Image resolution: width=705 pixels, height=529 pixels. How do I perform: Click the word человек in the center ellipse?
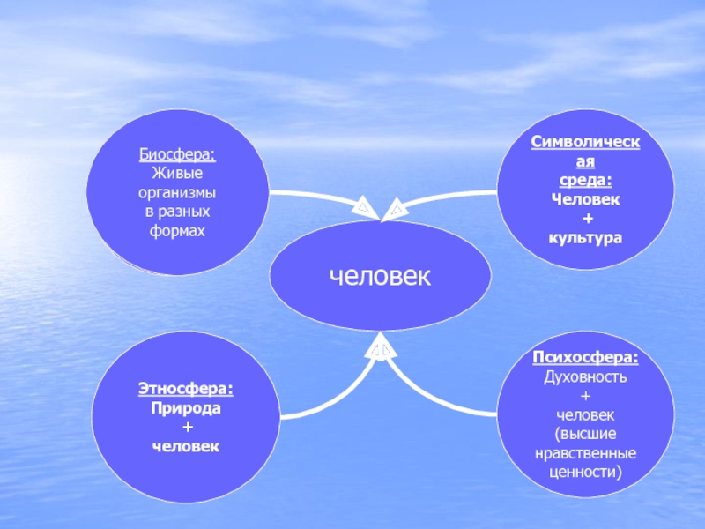tap(380, 276)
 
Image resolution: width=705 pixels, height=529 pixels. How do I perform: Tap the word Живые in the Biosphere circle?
tap(177, 173)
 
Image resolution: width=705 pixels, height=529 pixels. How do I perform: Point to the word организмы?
tap(177, 192)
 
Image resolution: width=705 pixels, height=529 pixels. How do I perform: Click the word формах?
tap(177, 231)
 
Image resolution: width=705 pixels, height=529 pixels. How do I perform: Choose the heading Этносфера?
tap(186, 389)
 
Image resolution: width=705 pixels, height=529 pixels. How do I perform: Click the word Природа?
tap(186, 408)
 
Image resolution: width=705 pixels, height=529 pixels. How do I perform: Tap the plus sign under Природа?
tap(186, 428)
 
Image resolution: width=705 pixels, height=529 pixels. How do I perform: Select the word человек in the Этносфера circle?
tap(186, 447)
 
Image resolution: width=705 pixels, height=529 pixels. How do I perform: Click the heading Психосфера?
tap(586, 357)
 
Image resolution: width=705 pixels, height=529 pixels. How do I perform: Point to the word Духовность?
tap(586, 376)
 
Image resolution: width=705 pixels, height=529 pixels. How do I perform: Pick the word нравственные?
tap(586, 453)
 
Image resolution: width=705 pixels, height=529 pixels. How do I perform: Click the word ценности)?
tap(586, 473)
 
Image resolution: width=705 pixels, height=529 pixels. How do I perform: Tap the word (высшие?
tap(586, 434)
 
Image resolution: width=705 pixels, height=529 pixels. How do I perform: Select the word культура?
tap(586, 238)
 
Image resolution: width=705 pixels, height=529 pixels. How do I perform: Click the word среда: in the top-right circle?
tap(586, 180)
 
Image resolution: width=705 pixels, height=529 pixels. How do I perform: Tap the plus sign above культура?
tap(586, 219)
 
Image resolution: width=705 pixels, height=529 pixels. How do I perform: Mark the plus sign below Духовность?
tap(586, 396)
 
